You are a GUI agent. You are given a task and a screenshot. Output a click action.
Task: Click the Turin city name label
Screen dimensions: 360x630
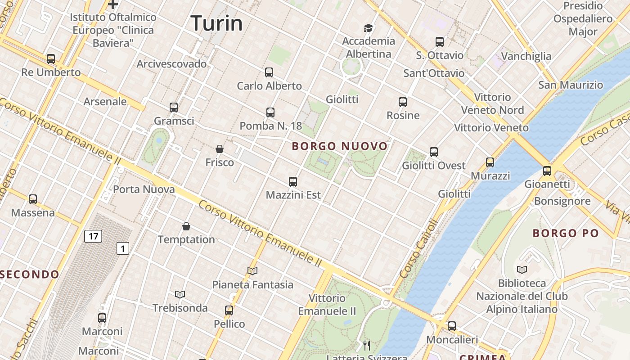(216, 23)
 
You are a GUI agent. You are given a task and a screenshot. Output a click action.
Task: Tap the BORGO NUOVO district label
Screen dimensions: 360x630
(340, 146)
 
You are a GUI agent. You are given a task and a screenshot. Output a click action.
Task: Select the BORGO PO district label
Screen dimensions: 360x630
(566, 233)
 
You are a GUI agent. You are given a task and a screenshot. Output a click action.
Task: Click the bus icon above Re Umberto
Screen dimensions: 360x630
(51, 59)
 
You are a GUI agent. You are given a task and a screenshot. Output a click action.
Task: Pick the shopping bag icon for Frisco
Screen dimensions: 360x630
(220, 149)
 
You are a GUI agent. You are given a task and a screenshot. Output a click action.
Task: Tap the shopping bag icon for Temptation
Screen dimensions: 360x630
(186, 226)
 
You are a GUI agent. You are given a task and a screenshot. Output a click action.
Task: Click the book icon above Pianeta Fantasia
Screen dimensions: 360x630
(252, 271)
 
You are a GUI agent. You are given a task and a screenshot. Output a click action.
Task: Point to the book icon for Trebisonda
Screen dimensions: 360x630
(180, 294)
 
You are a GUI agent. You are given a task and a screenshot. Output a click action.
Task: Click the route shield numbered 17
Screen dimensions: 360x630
(93, 236)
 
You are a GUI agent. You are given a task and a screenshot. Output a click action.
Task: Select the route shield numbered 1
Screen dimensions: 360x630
(123, 248)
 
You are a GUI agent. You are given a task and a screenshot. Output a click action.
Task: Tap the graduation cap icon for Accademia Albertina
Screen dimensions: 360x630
(369, 28)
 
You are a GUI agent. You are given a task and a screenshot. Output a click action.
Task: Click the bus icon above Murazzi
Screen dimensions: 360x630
(490, 162)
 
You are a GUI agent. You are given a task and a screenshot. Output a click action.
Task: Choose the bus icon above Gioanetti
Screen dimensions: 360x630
(547, 171)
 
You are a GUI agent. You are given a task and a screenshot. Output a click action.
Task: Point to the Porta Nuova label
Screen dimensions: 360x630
(144, 189)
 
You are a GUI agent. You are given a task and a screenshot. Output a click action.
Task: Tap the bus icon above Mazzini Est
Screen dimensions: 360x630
(293, 182)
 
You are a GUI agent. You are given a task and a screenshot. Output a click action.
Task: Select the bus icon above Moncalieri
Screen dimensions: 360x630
(451, 326)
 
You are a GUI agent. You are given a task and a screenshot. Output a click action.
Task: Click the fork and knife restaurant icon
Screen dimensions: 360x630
(367, 346)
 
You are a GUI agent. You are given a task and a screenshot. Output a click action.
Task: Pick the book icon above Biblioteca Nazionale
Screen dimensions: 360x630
(522, 270)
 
